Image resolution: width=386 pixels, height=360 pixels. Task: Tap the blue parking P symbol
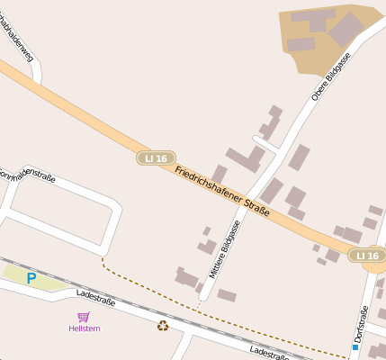(31, 279)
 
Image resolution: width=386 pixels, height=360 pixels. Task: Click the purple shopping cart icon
(84, 317)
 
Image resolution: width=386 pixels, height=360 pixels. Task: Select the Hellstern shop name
(84, 328)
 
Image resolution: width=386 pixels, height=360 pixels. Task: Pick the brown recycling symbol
(163, 326)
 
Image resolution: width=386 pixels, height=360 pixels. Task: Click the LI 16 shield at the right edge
(369, 256)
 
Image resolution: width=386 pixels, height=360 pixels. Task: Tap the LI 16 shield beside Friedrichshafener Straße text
(156, 158)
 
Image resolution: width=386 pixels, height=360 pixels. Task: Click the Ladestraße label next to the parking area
(96, 298)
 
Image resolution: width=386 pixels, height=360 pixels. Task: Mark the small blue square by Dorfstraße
(355, 346)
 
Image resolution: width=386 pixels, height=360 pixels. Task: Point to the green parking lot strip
(36, 277)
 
